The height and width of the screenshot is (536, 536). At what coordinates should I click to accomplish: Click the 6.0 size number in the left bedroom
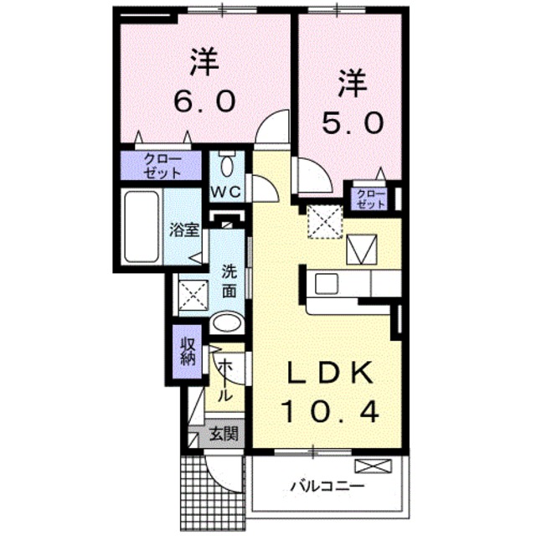tap(204, 100)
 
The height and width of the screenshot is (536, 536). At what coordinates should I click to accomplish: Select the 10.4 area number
tap(329, 411)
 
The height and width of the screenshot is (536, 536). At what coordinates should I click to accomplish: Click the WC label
tap(225, 191)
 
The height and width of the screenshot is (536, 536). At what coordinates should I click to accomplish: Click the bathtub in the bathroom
tap(143, 225)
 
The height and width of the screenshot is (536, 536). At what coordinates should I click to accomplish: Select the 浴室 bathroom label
tap(183, 228)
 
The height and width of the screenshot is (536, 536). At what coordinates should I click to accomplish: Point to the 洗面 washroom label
tap(229, 281)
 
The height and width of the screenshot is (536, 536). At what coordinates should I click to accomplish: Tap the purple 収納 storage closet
tap(187, 351)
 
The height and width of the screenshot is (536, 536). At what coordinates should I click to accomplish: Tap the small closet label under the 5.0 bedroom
tap(369, 198)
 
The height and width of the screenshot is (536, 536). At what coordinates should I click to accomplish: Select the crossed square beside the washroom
tap(193, 295)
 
